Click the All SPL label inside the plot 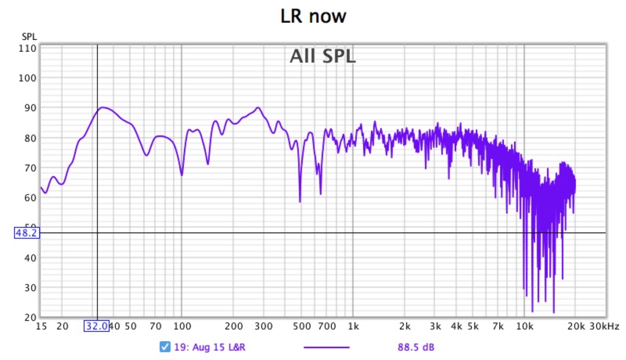coord(322,56)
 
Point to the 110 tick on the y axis coord(28,48)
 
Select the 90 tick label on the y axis coord(30,108)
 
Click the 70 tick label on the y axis coord(30,168)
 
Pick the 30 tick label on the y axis coord(30,287)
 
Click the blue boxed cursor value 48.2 coord(26,233)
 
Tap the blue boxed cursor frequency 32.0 coord(97,327)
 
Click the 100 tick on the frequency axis coord(181,327)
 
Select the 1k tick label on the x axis coord(353,327)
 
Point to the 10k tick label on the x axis coord(524,327)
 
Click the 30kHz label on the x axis coord(604,327)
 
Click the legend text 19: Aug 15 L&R coord(210,347)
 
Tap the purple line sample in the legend coord(326,347)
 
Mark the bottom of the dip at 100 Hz coord(182,175)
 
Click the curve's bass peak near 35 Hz coord(103,107)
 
